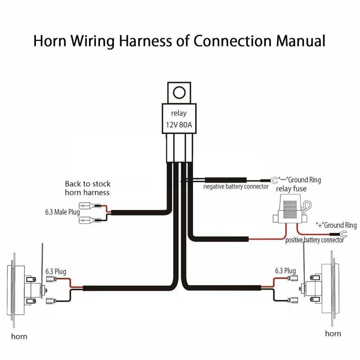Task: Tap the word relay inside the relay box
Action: coord(178,113)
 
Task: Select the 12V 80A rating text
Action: coord(178,126)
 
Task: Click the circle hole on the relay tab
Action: coord(179,93)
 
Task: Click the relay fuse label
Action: coord(291,189)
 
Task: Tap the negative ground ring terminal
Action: coord(274,179)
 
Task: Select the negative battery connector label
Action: coord(236,186)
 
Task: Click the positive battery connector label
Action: coord(315,240)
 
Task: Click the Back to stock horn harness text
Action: coord(88,188)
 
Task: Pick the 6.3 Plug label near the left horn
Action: coord(56,272)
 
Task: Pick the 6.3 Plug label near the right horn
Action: coord(285,271)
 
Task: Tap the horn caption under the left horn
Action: coord(19,336)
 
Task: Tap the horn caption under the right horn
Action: coord(333,333)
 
